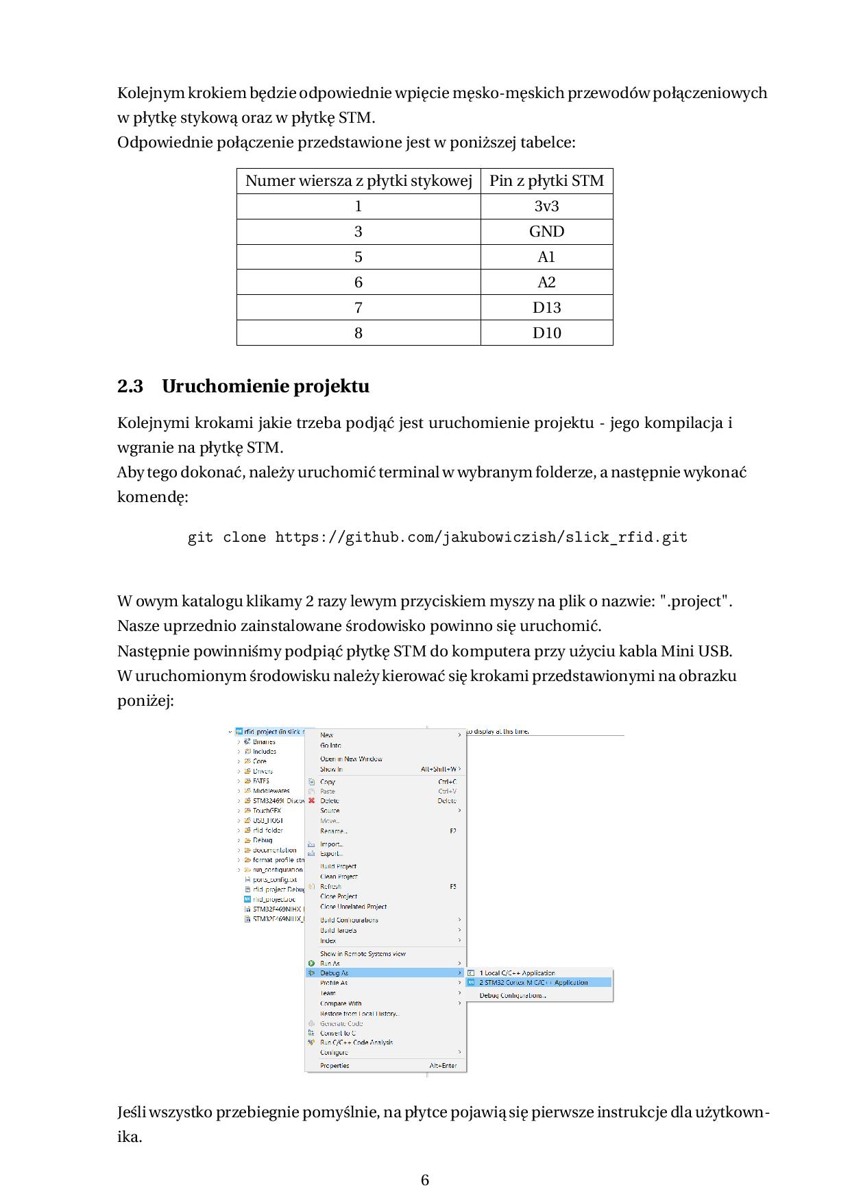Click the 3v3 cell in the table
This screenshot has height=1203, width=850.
[546, 206]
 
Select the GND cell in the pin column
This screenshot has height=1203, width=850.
[546, 232]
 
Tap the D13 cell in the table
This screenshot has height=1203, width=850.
[546, 308]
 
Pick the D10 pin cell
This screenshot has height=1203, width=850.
[546, 333]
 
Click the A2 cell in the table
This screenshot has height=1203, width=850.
[546, 283]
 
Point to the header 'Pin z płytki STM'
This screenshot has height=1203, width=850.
[546, 181]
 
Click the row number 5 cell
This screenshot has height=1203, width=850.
[358, 257]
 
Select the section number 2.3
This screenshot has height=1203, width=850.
[130, 387]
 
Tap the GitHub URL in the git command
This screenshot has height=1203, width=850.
[481, 538]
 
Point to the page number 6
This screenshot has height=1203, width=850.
[425, 1180]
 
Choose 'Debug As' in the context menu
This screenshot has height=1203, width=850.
[334, 973]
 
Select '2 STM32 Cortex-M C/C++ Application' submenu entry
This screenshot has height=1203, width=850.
[533, 982]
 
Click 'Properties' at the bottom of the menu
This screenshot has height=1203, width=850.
[335, 1065]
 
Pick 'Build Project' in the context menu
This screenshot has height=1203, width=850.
[338, 866]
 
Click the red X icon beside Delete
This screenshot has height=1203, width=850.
[311, 800]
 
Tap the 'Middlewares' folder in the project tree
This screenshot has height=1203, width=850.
[271, 791]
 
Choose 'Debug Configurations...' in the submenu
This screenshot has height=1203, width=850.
[513, 995]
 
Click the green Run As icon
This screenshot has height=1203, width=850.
[311, 963]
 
